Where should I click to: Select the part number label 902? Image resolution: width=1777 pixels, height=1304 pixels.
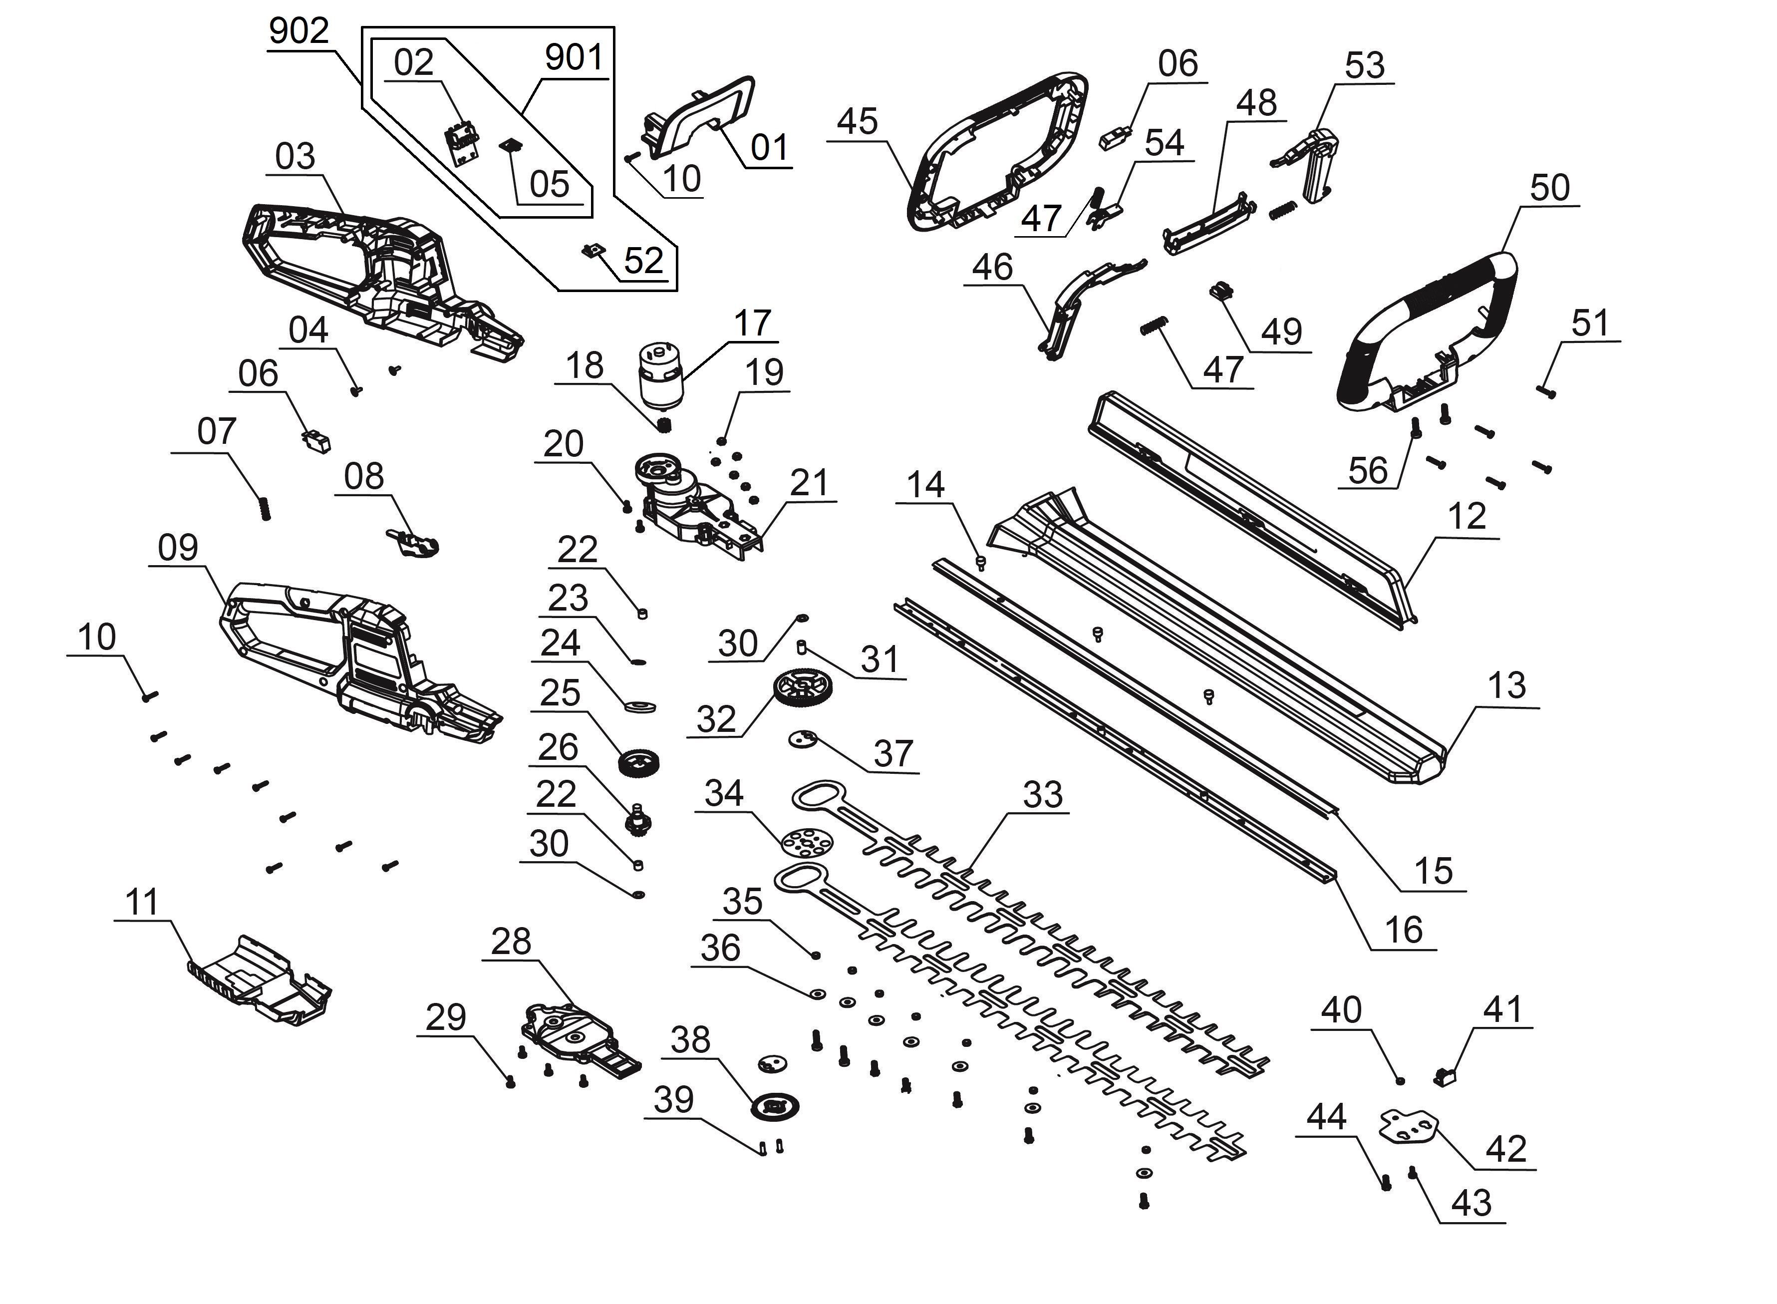pyautogui.click(x=298, y=31)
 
